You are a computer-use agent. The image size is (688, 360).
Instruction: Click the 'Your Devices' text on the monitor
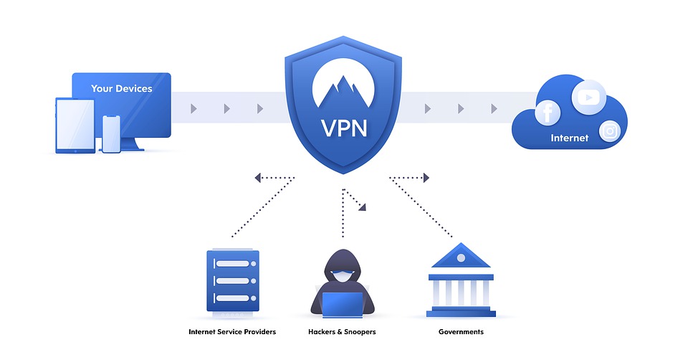(121, 89)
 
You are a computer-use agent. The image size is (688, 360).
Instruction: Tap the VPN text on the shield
(343, 128)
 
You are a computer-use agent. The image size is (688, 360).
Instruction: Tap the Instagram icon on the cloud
(610, 131)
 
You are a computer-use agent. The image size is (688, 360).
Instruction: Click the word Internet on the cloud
(569, 138)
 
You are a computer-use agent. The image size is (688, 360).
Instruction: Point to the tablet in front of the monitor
(75, 125)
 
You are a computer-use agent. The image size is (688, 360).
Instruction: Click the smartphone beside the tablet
(111, 134)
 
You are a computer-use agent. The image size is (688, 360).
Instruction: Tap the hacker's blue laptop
(343, 303)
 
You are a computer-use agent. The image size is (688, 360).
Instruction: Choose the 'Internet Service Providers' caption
(231, 332)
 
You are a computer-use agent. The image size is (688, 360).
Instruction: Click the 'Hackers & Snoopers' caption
(342, 332)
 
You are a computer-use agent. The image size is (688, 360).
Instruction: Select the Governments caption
(461, 332)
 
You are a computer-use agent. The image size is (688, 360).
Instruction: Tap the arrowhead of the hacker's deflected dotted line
(363, 207)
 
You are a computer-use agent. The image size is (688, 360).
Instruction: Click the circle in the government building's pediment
(460, 255)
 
